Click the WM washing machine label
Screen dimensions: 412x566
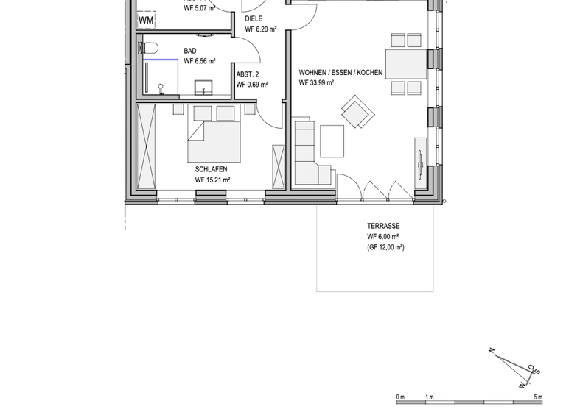pyautogui.click(x=146, y=21)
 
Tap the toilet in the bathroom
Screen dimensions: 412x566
pyautogui.click(x=150, y=49)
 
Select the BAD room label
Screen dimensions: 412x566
pyautogui.click(x=190, y=51)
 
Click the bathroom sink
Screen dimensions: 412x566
pyautogui.click(x=204, y=88)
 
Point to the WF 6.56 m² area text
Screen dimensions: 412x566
pyautogui.click(x=199, y=61)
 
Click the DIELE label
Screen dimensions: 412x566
pyautogui.click(x=254, y=18)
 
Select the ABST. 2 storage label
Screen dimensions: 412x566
pyautogui.click(x=248, y=74)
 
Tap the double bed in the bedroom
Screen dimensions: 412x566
pyautogui.click(x=214, y=136)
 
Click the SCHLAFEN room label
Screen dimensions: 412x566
pyautogui.click(x=212, y=169)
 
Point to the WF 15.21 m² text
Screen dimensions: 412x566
pyautogui.click(x=212, y=180)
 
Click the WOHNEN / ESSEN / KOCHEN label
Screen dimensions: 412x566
pyautogui.click(x=340, y=73)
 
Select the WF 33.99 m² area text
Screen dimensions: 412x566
pyautogui.click(x=316, y=83)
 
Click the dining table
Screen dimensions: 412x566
pyautogui.click(x=406, y=63)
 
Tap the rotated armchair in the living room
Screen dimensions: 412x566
pyautogui.click(x=357, y=113)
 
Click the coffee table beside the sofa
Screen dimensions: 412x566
pyautogui.click(x=332, y=141)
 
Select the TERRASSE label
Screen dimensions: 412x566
pyautogui.click(x=383, y=226)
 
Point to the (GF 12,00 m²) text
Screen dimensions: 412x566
pyautogui.click(x=385, y=248)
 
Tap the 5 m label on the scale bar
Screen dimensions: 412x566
pyautogui.click(x=537, y=397)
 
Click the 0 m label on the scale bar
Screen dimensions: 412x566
pyautogui.click(x=400, y=397)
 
